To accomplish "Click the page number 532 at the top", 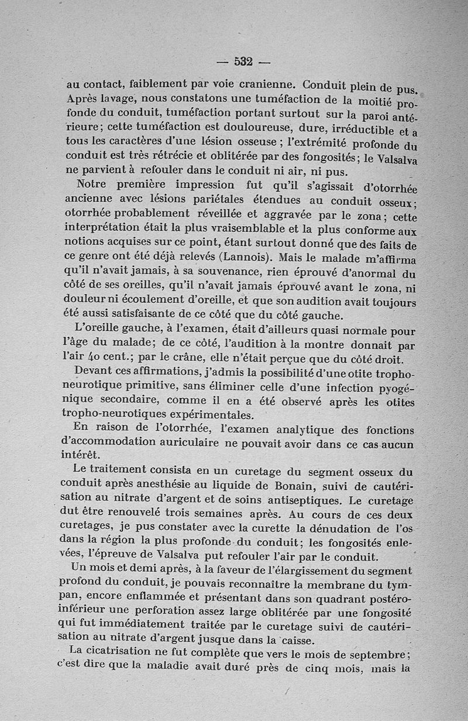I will (243, 61).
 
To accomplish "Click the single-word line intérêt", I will (80, 455).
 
